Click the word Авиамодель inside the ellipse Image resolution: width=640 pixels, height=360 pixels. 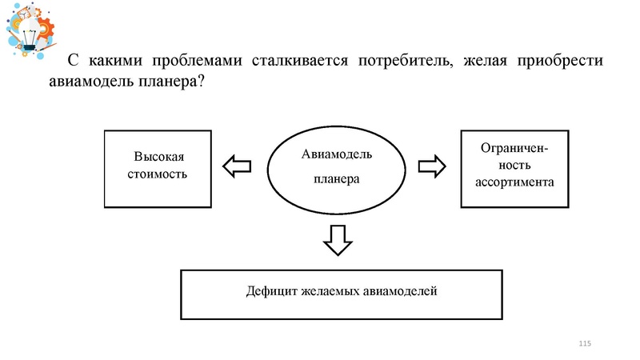point(337,155)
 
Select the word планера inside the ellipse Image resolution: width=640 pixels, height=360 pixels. point(336,179)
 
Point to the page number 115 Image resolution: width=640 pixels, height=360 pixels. point(583,343)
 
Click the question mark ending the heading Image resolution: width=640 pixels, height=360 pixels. point(200,83)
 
